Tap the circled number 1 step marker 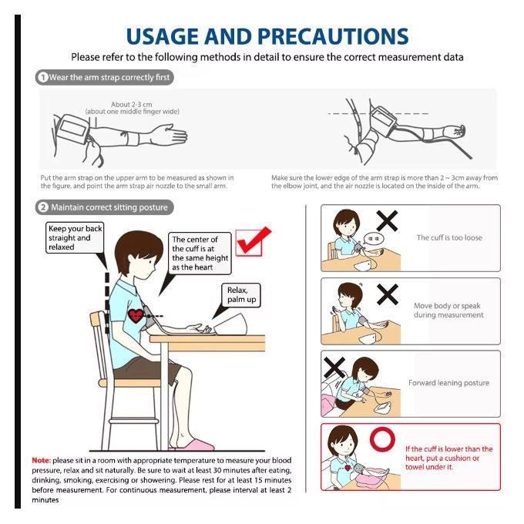(43, 77)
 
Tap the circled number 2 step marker (43, 207)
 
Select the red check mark (254, 240)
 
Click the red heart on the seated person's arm (136, 315)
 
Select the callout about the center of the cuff (200, 254)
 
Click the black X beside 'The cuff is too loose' (388, 222)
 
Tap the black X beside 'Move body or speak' (388, 294)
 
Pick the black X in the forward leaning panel (334, 368)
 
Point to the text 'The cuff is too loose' (449, 237)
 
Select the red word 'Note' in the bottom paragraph (42, 460)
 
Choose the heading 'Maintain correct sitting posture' (109, 207)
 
